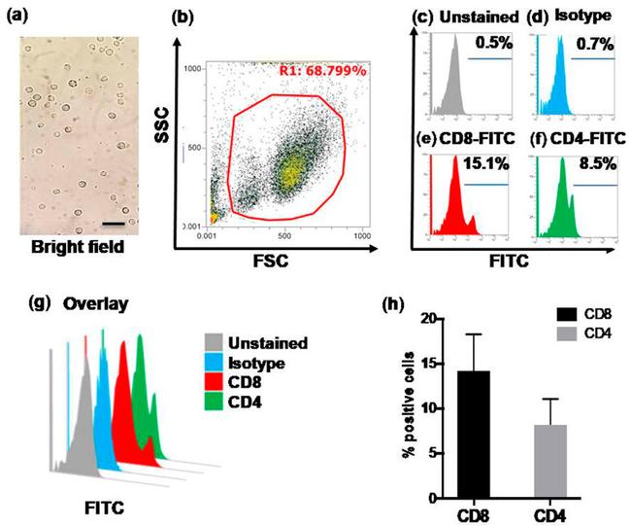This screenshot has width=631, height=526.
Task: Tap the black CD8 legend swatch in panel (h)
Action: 565,315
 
